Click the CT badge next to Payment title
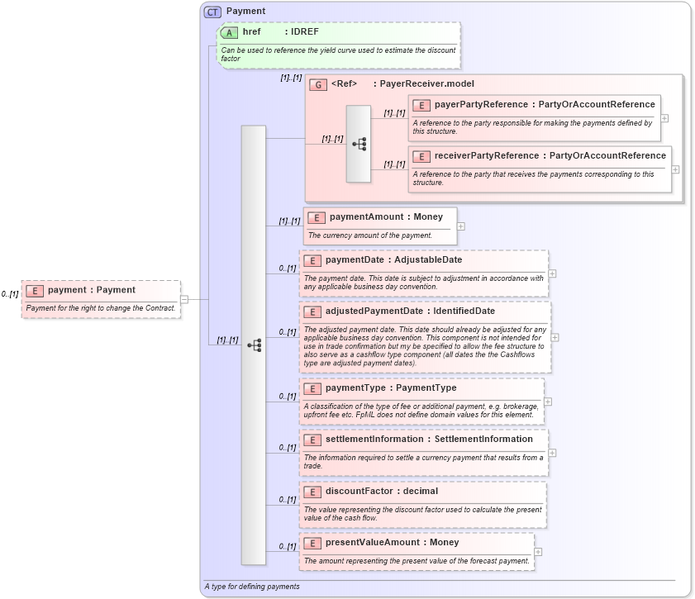coord(212,12)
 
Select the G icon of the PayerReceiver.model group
coord(318,84)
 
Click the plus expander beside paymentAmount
coord(461,226)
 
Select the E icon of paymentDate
coord(313,260)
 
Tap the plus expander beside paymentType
coord(548,402)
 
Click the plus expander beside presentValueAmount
coord(539,551)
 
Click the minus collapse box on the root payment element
coord(184,300)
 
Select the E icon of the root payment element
coord(35,290)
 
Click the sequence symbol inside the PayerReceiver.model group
coord(359,144)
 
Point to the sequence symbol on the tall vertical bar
coord(254,345)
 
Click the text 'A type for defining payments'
coord(252,587)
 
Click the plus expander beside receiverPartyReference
coord(675,169)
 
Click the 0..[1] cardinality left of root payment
coord(10,294)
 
